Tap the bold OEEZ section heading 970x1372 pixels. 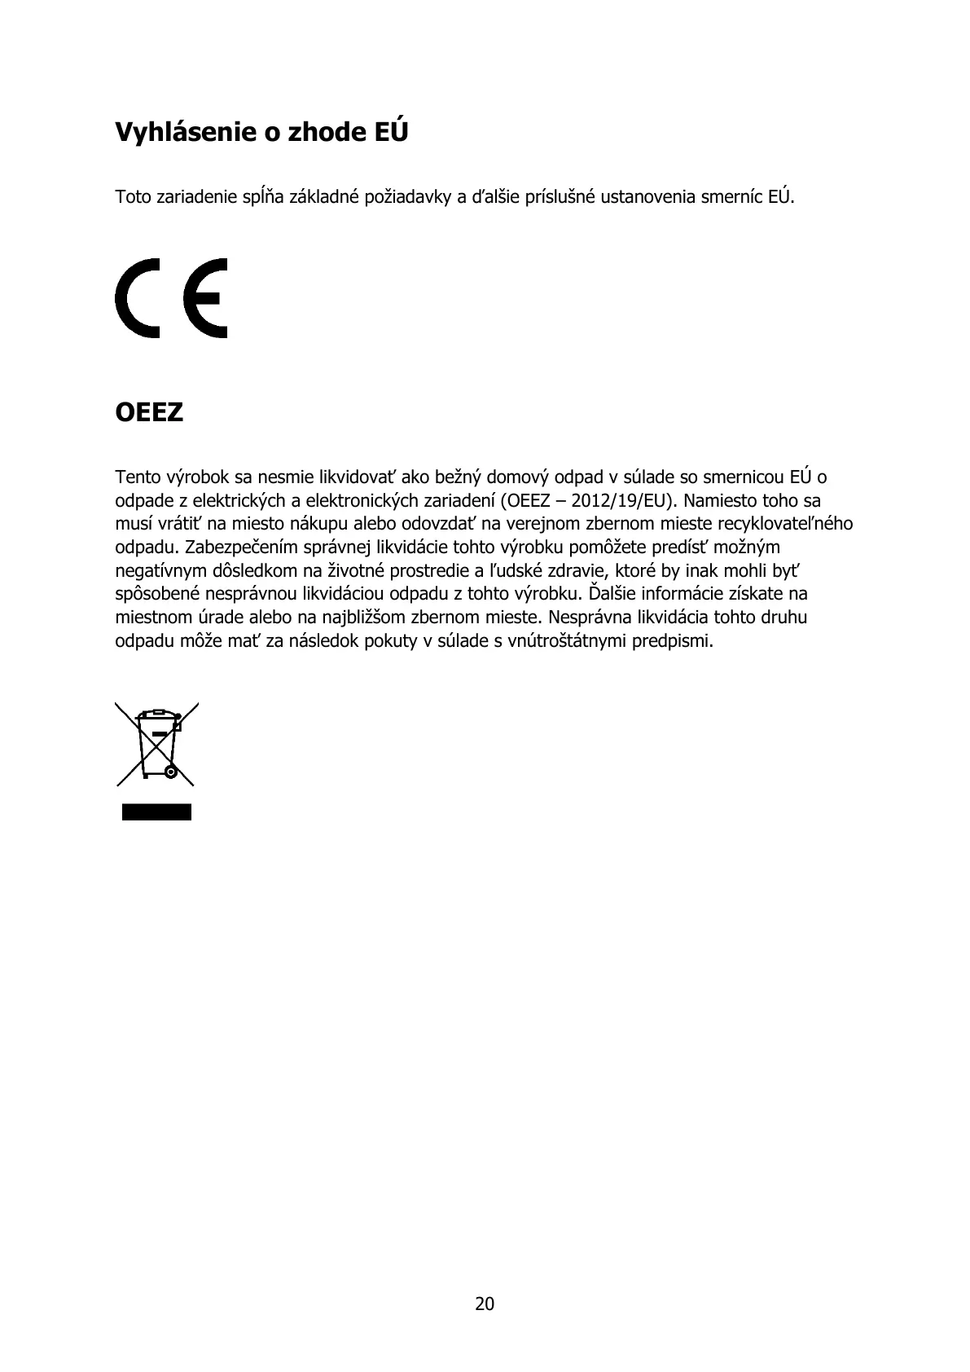149,413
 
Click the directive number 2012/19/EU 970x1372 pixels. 617,500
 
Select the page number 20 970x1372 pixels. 485,1304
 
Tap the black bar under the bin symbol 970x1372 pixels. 157,811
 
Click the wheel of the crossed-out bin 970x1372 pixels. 170,771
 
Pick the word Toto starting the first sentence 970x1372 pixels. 134,197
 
